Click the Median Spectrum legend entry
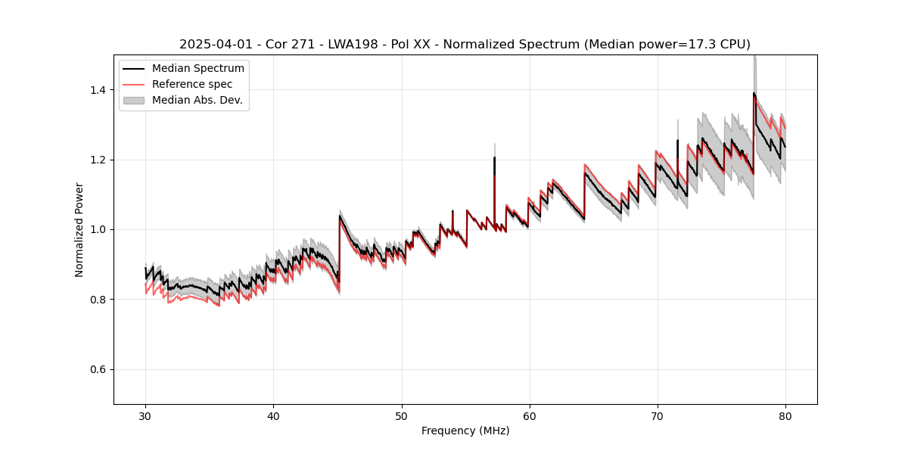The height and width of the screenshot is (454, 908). [x=197, y=69]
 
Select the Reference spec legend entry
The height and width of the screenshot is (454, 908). [x=192, y=84]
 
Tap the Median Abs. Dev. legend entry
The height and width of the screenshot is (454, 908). [x=197, y=100]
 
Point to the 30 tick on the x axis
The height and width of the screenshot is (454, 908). [x=146, y=415]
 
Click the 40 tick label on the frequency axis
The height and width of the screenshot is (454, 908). [x=274, y=415]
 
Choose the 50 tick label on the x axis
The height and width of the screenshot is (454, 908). [x=402, y=415]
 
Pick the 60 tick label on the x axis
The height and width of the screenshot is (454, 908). [x=530, y=415]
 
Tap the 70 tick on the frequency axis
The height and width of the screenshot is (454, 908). [x=658, y=415]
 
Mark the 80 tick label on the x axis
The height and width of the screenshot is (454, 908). [x=785, y=415]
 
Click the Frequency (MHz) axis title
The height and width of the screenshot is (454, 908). [x=465, y=431]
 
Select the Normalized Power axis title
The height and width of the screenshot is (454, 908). [x=79, y=229]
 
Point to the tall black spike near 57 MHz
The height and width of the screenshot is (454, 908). [x=494, y=159]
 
